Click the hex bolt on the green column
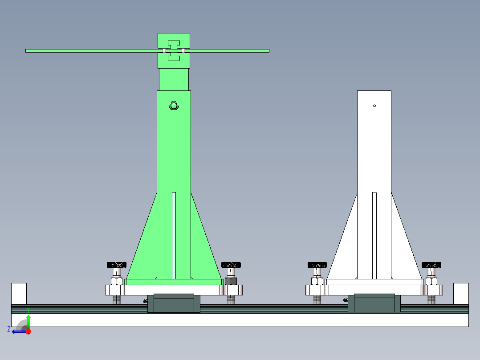174,106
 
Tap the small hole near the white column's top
374,106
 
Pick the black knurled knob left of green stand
117,265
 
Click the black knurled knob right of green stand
231,265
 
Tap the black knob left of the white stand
317,265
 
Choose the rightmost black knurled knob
431,265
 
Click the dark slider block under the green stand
174,303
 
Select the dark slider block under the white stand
374,303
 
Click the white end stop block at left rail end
19,293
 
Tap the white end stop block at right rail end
461,293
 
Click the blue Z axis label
9,329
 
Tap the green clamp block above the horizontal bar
174,40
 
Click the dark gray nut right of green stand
231,281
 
